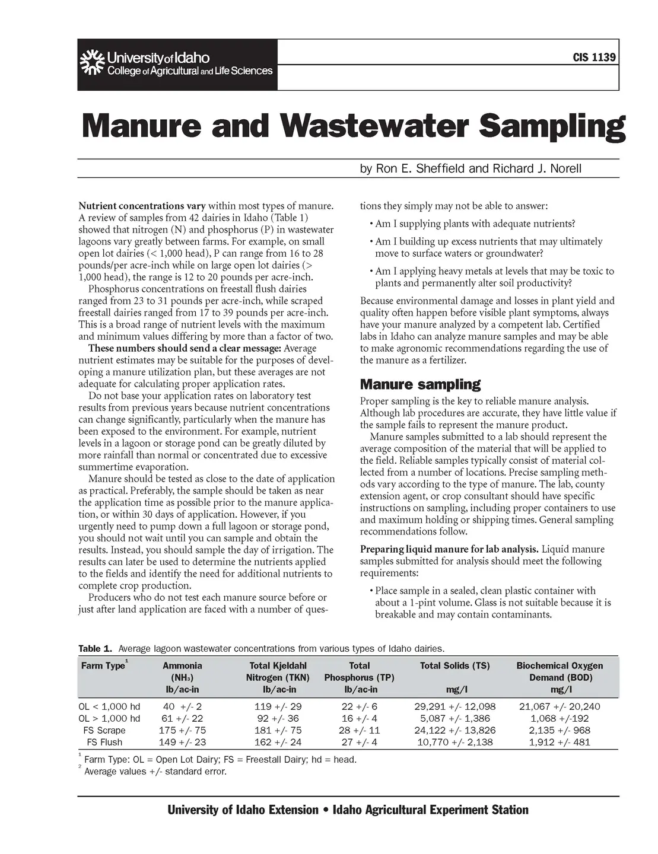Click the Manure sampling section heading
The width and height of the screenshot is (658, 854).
pos(420,384)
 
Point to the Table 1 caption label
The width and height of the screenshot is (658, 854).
pos(95,648)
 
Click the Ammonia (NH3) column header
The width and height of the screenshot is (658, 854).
pos(182,677)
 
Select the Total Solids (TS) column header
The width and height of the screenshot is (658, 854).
pos(454,666)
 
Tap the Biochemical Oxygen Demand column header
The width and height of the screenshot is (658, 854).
pos(559,671)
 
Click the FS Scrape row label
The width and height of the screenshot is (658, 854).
pos(104,730)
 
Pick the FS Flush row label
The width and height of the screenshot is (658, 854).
pos(104,742)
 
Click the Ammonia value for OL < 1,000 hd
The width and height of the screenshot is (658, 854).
pos(182,706)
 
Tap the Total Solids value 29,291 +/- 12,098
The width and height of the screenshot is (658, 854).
pos(454,706)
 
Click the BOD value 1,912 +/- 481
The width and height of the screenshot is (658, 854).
pos(559,742)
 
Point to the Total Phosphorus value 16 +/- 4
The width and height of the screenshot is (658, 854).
pos(360,718)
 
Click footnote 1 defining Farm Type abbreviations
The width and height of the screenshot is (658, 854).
pos(220,760)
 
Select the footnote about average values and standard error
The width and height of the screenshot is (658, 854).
pos(155,772)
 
